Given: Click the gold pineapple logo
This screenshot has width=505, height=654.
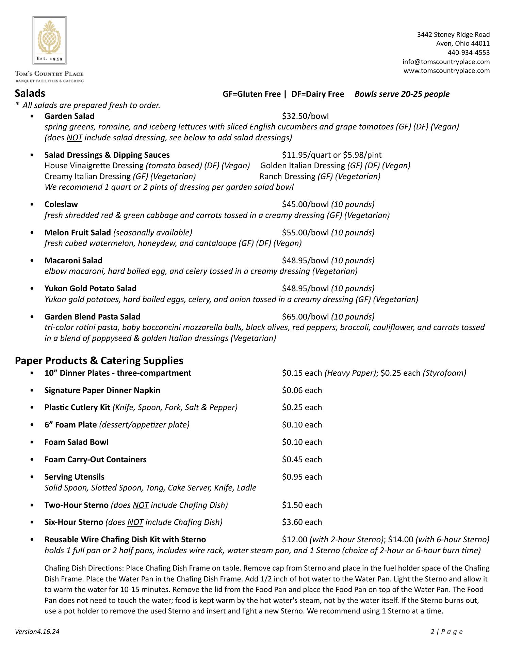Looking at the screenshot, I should [49, 37].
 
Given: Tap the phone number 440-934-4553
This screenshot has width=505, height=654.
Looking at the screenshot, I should [468, 52].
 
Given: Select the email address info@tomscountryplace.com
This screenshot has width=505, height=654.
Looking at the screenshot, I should [446, 62].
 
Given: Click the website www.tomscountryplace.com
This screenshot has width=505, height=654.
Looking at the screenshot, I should [446, 71].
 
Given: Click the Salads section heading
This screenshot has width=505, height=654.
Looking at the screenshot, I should [30, 93].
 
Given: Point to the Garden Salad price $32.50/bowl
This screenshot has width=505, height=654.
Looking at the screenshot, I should [305, 116].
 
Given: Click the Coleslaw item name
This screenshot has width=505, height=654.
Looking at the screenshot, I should [61, 204].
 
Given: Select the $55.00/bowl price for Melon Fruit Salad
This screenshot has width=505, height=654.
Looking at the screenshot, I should [305, 233].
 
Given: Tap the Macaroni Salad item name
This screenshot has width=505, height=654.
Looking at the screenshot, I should [73, 261].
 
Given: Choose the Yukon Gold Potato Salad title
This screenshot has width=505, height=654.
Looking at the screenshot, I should [90, 289].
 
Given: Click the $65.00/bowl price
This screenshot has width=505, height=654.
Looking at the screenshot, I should [305, 317].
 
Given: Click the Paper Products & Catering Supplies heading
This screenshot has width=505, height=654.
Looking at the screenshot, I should [99, 360].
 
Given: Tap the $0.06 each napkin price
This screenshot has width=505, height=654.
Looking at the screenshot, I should [302, 390].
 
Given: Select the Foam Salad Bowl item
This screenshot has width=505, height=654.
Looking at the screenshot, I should [76, 442].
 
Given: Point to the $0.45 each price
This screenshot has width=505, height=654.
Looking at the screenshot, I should [302, 460].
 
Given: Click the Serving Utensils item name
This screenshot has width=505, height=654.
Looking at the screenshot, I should [74, 477].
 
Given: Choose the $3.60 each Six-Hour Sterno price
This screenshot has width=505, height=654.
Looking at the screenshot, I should [302, 522].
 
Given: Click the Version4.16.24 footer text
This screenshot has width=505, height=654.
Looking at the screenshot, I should [37, 632].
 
